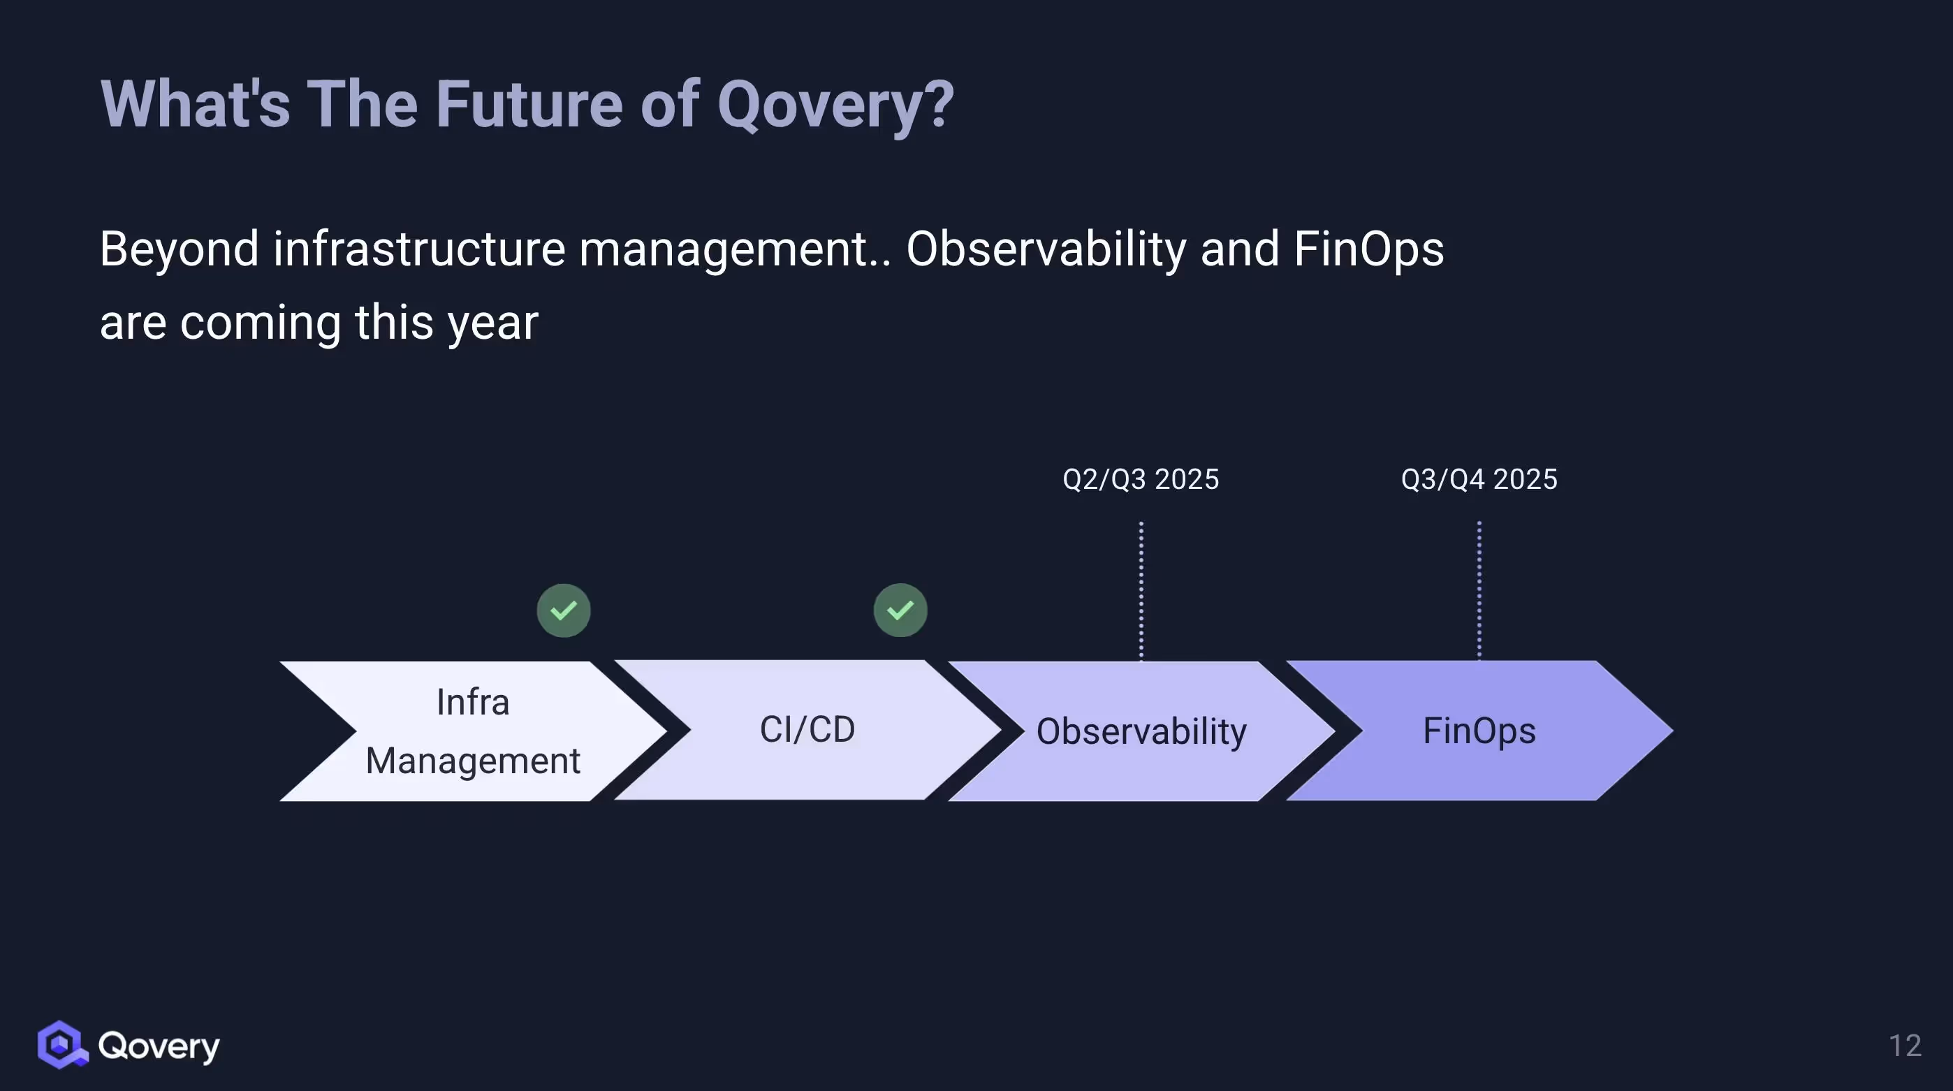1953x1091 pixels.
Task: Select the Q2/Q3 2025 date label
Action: pyautogui.click(x=1140, y=479)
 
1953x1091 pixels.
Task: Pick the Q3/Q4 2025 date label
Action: pyautogui.click(x=1479, y=479)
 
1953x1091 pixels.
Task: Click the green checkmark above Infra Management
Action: pyautogui.click(x=563, y=610)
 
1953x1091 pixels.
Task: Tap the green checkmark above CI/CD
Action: pyautogui.click(x=900, y=610)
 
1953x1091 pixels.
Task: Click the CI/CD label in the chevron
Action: pyautogui.click(x=807, y=729)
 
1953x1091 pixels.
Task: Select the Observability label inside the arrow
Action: pyautogui.click(x=1141, y=731)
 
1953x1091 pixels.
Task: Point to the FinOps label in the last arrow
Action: pyautogui.click(x=1479, y=731)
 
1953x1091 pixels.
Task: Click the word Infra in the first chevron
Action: pyautogui.click(x=472, y=702)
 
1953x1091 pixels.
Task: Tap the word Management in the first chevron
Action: pyautogui.click(x=472, y=761)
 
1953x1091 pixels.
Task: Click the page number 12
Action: pyautogui.click(x=1905, y=1046)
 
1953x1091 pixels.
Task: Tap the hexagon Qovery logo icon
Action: pyautogui.click(x=61, y=1045)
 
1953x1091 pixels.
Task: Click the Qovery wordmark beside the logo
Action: pyautogui.click(x=159, y=1046)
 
